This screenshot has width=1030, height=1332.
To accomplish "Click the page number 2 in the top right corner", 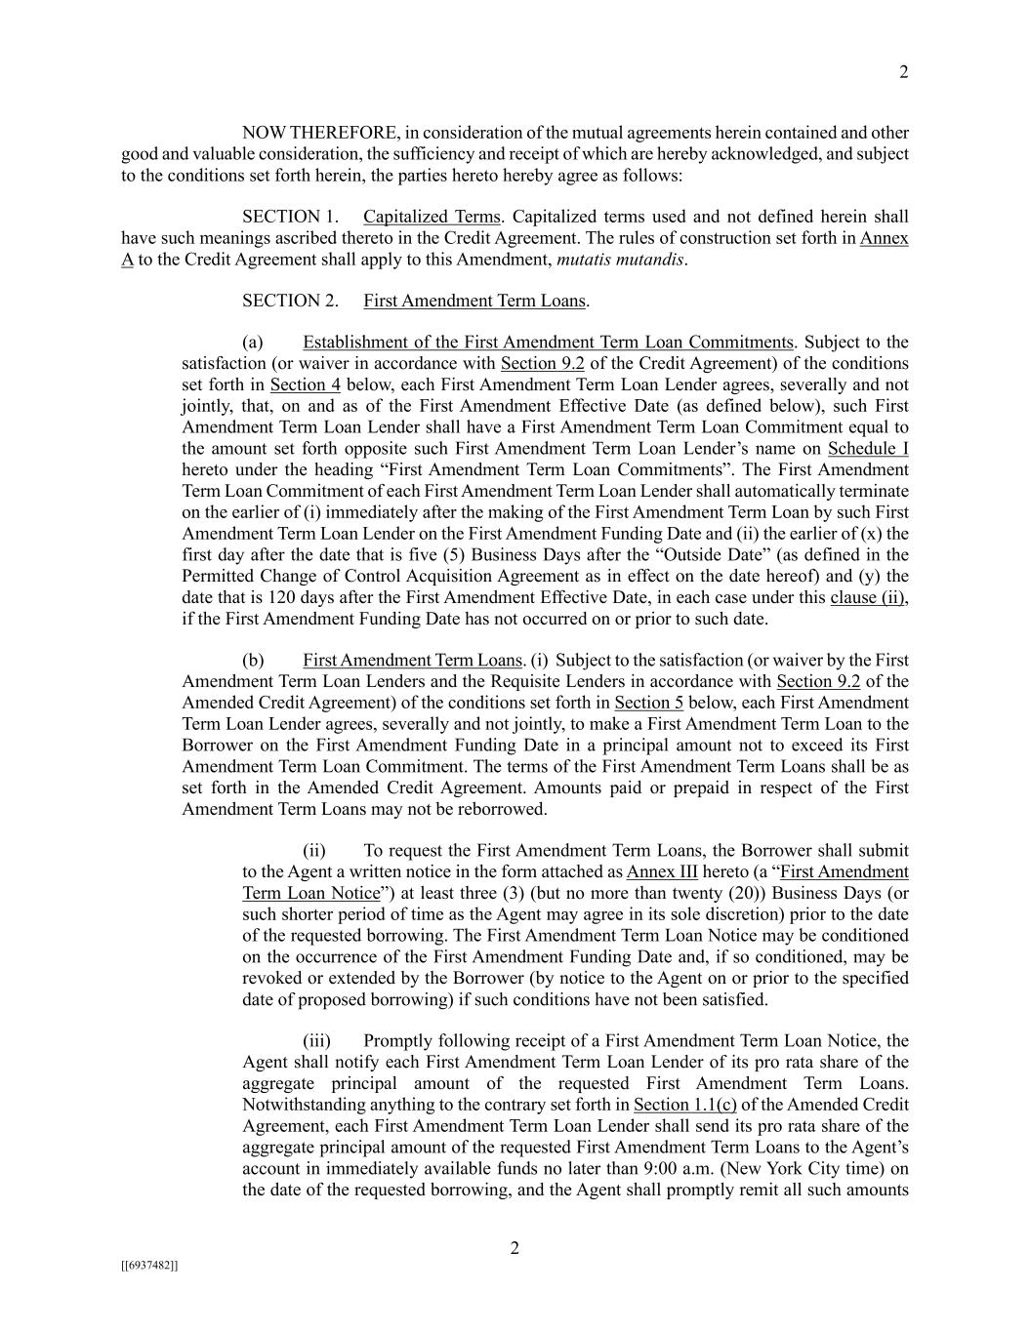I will pos(903,72).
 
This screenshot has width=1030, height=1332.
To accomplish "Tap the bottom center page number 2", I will pos(515,1248).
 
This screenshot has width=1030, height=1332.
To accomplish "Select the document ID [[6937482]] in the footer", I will pos(149,1266).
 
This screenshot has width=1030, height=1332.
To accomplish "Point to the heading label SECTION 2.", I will pos(290,301).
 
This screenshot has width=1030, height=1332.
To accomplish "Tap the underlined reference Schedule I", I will pos(868,449).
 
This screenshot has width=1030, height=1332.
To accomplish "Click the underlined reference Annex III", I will pos(662,872).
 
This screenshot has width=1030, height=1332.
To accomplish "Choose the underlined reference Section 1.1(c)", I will pos(684,1105).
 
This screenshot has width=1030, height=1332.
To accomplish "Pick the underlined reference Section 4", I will pos(305,384).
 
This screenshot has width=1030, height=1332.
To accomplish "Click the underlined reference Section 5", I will pos(648,703).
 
